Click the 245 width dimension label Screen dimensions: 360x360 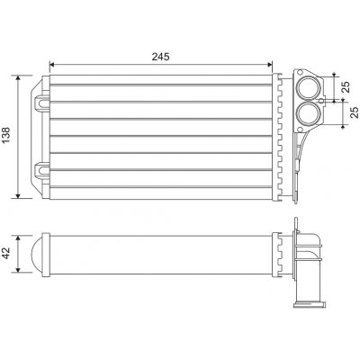click(162, 56)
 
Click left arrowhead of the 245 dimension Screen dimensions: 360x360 click(52, 65)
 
